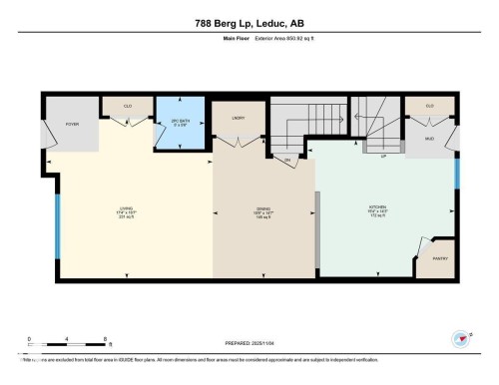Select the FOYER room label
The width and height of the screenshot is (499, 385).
73,125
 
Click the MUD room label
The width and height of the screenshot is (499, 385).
429,139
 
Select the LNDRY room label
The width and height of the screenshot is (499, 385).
239,119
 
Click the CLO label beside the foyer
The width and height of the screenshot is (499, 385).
129,105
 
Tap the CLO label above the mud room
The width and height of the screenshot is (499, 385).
429,105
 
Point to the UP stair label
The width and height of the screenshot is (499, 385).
383,156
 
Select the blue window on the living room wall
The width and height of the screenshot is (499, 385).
57,223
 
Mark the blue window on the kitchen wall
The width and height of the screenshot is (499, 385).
457,174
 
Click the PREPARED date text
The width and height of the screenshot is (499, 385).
249,347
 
